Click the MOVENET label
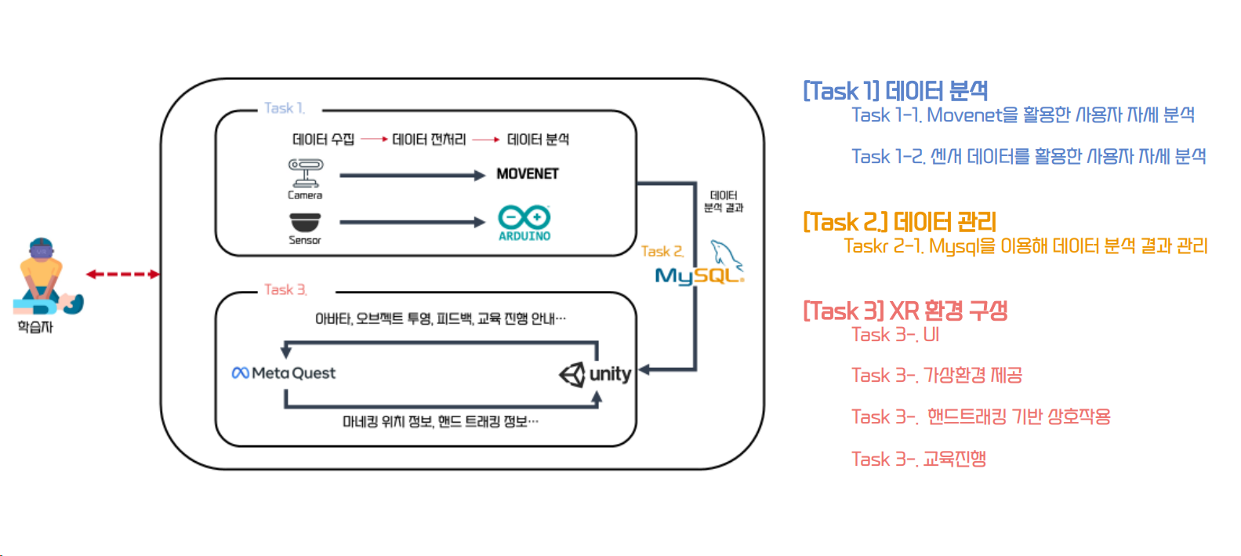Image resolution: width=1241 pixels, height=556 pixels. [527, 174]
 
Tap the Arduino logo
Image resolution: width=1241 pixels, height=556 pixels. [524, 222]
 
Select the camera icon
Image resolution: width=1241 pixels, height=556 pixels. [305, 173]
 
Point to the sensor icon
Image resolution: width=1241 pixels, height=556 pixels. [305, 221]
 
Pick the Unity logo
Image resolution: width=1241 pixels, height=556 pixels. [595, 374]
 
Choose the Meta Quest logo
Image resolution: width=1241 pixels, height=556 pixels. [284, 373]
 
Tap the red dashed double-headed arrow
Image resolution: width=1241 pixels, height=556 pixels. [122, 274]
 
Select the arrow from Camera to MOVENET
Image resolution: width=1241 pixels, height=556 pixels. [412, 176]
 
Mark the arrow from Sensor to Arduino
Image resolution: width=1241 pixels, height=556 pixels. [412, 223]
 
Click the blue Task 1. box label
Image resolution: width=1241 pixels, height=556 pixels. [284, 108]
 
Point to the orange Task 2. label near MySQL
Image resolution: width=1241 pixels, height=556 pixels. [662, 252]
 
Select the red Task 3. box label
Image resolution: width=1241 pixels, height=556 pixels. [285, 290]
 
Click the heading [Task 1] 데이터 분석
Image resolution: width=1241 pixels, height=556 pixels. [895, 91]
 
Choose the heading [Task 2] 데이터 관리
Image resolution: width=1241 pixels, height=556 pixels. [899, 222]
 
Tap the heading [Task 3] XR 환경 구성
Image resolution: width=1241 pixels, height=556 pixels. [905, 311]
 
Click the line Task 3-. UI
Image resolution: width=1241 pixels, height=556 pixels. [895, 335]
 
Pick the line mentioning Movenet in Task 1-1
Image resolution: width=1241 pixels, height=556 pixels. [1022, 115]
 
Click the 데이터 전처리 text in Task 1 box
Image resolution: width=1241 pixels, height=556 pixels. [429, 140]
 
